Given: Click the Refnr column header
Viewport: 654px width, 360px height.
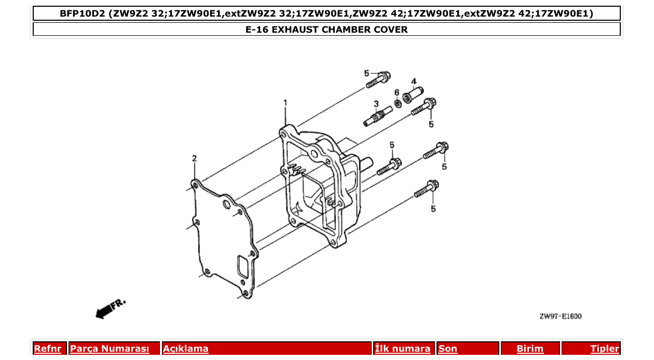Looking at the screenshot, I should pos(47,349).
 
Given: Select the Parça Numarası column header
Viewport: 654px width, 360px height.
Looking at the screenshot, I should pos(110,349).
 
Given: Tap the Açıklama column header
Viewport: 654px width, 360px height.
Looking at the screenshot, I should pos(186,349).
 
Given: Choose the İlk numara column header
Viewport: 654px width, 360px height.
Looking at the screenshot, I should pos(403,349).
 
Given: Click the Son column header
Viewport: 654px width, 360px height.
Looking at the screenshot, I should pos(448,349).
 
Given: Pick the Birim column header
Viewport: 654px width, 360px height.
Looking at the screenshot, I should pos(530,349).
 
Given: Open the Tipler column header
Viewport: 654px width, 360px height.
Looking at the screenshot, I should pos(605,349).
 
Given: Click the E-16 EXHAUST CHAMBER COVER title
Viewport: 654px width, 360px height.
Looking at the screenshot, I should pos(326,30).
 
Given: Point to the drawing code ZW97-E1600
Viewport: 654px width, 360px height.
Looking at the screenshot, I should pos(561,316).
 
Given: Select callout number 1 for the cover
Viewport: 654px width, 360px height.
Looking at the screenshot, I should pos(285,103).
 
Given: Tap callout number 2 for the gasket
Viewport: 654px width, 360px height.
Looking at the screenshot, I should pos(194,158).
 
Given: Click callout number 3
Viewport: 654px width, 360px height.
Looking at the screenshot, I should pos(376,103).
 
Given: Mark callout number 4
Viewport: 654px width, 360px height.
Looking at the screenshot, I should pos(414,81).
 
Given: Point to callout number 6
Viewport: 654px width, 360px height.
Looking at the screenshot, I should pos(397,93).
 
